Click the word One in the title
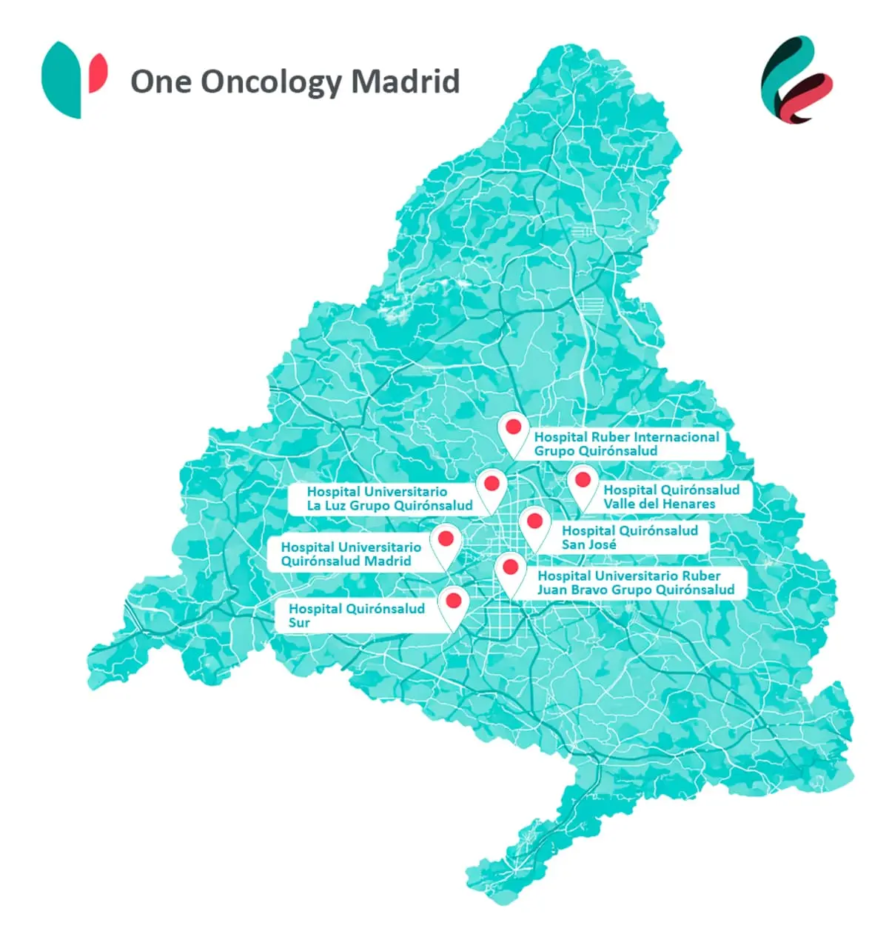161,81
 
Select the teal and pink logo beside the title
74,79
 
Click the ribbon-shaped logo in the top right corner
796,80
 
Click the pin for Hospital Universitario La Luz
490,484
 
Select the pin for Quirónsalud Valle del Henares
583,481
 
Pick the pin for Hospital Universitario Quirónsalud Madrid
446,539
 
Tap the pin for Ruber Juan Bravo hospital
510,569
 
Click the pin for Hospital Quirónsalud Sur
454,601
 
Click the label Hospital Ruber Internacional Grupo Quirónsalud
626,444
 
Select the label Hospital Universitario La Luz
389,498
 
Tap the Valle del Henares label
671,497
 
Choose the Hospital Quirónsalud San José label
629,538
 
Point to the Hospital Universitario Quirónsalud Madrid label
351,554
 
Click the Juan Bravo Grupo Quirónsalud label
635,583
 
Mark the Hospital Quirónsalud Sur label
356,616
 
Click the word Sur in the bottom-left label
299,623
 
